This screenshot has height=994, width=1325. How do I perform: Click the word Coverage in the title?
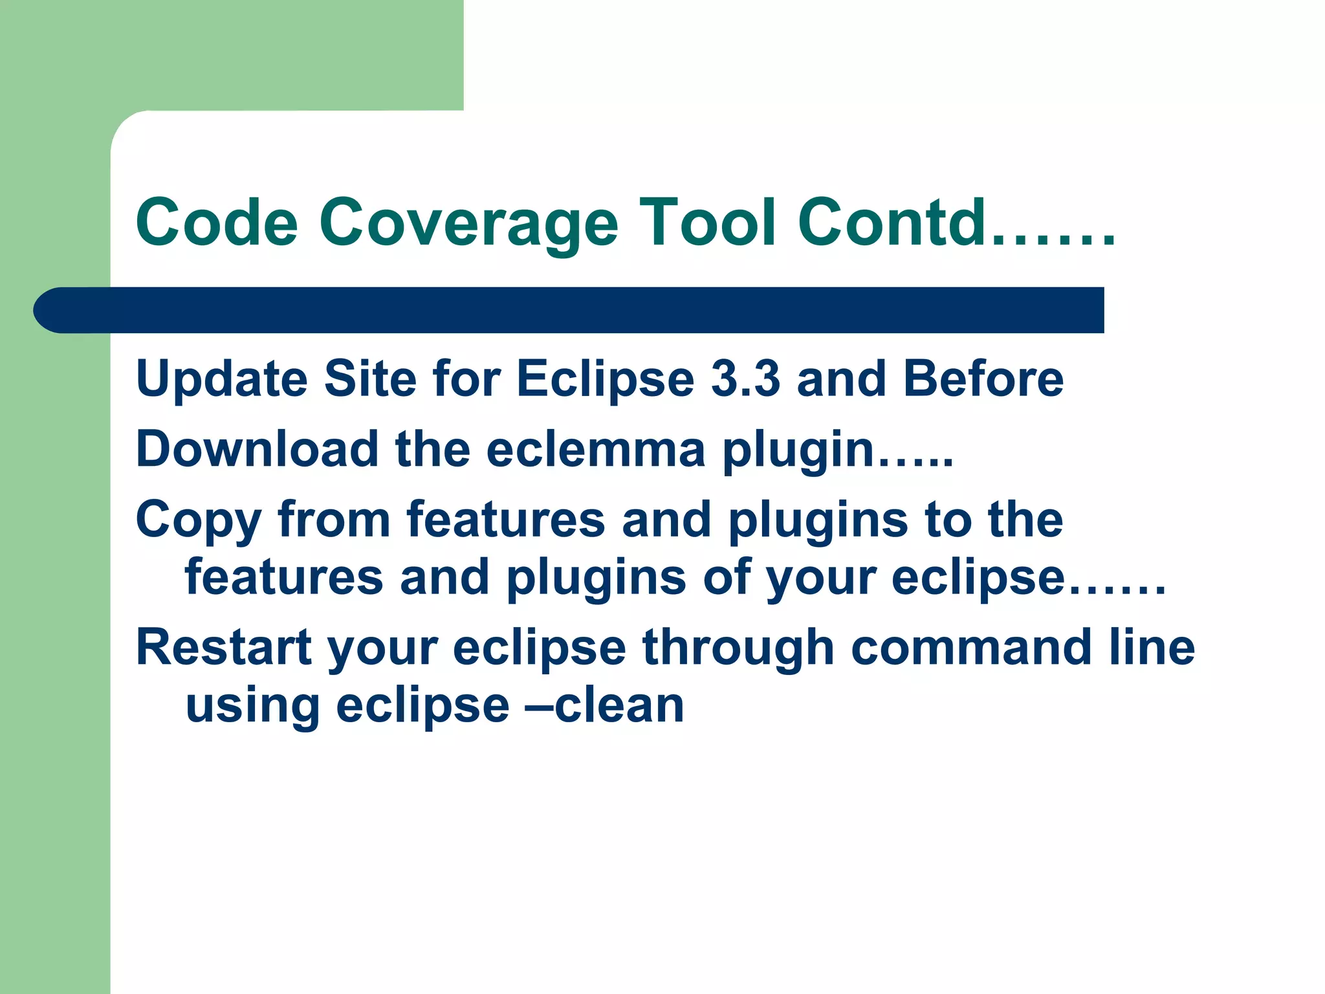tap(468, 223)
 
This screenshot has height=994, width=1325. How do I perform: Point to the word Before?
tap(983, 379)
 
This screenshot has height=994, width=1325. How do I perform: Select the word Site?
tap(370, 379)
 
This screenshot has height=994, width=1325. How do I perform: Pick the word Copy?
tap(198, 521)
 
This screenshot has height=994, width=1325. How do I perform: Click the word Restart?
tap(223, 647)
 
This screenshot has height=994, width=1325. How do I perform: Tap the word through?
tap(738, 647)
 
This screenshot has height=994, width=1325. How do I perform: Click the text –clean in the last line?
tap(605, 705)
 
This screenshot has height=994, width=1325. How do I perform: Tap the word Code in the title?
tap(217, 223)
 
